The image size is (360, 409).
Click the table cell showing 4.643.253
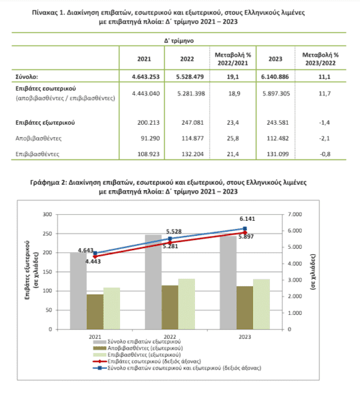pyautogui.click(x=145, y=76)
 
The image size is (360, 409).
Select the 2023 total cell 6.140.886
pyautogui.click(x=275, y=76)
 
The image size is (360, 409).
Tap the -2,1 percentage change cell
pyautogui.click(x=325, y=138)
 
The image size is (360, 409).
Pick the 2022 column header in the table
pyautogui.click(x=187, y=59)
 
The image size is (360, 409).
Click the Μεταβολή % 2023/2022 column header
pyautogui.click(x=320, y=59)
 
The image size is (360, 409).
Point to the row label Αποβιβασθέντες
pyautogui.click(x=38, y=138)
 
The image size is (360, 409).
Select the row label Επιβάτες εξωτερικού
pyautogui.click(x=45, y=123)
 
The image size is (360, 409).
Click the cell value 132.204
pyautogui.click(x=192, y=154)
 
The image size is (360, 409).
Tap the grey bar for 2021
pyautogui.click(x=78, y=291)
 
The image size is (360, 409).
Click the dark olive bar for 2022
pyautogui.click(x=170, y=307)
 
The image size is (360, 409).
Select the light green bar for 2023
pyautogui.click(x=261, y=304)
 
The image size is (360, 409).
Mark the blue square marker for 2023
pyautogui.click(x=245, y=228)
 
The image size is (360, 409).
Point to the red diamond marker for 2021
pyautogui.click(x=95, y=257)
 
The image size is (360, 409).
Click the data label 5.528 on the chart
pyautogui.click(x=174, y=231)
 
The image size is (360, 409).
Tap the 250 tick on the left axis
pyautogui.click(x=48, y=234)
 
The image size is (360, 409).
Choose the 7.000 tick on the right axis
pyautogui.click(x=295, y=214)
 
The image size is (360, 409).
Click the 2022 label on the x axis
pyautogui.click(x=170, y=337)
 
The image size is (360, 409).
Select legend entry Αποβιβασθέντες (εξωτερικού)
pyautogui.click(x=138, y=348)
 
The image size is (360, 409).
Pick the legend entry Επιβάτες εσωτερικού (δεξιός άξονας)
pyautogui.click(x=147, y=361)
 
